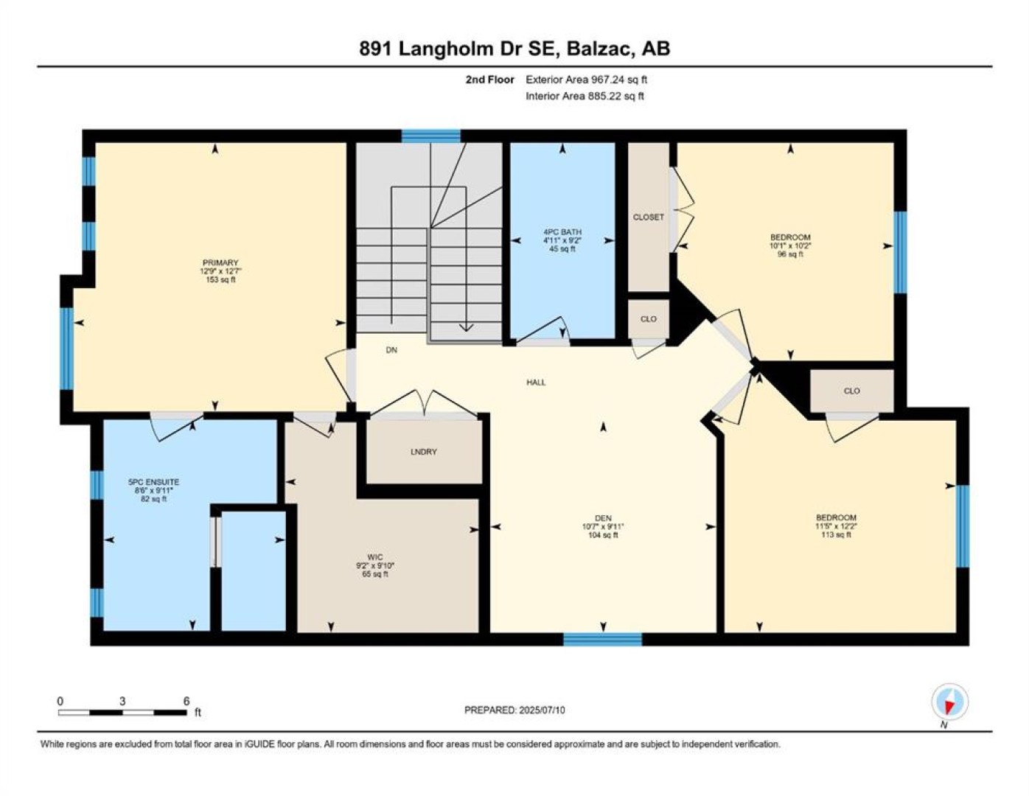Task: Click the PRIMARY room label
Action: [x=220, y=263]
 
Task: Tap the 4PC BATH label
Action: [x=562, y=232]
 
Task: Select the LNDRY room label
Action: [x=423, y=452]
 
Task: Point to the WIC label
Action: [x=375, y=557]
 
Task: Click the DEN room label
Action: [x=603, y=518]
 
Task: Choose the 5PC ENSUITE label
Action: [x=153, y=482]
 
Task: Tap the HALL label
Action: [x=536, y=382]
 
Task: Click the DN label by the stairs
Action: [x=391, y=350]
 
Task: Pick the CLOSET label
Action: [x=648, y=217]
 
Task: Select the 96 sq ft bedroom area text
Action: [x=790, y=254]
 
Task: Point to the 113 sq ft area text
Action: [x=837, y=534]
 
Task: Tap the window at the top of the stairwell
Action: [x=431, y=136]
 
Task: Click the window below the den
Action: [x=602, y=639]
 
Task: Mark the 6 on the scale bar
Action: [x=186, y=701]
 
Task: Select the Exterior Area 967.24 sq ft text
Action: [x=586, y=80]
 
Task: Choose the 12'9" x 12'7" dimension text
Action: [x=220, y=271]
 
